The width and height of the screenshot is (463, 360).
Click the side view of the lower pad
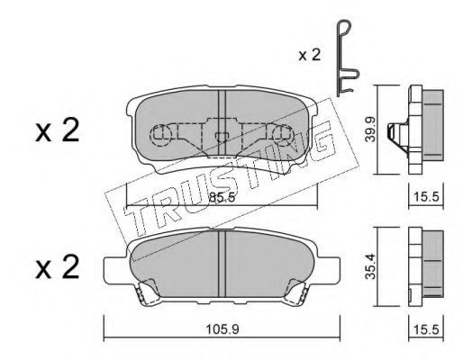(x=423, y=261)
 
